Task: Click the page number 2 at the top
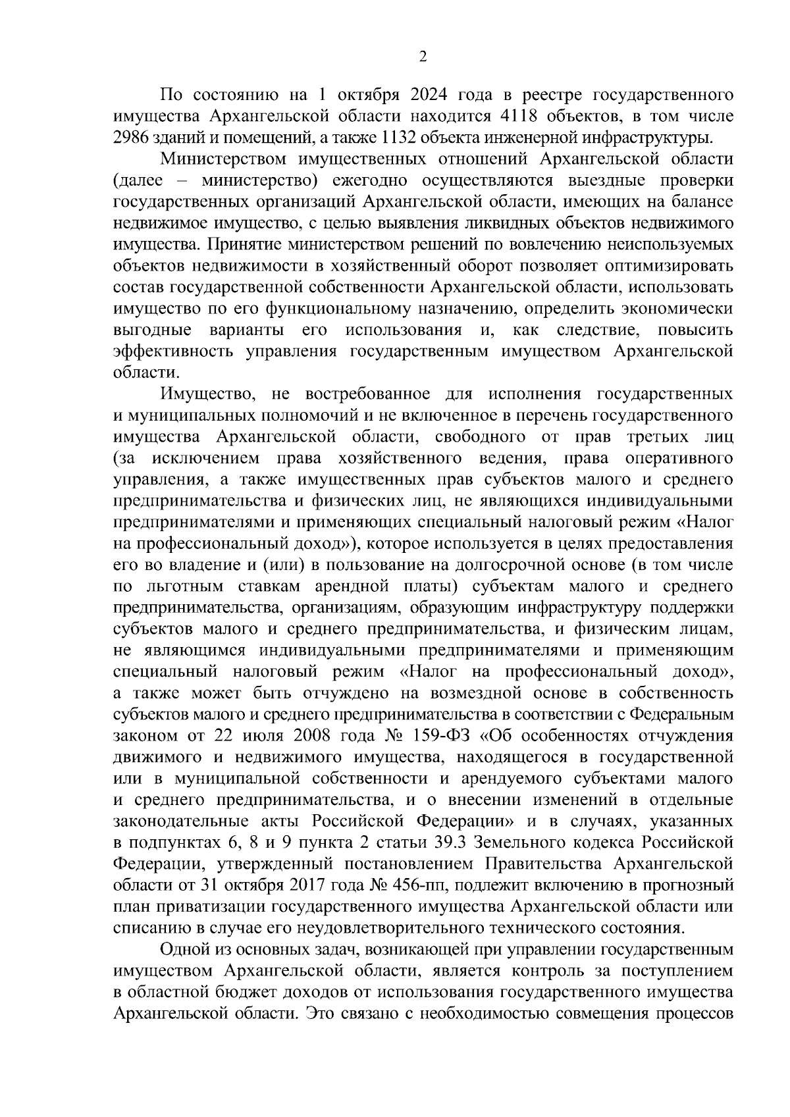pyautogui.click(x=423, y=57)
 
